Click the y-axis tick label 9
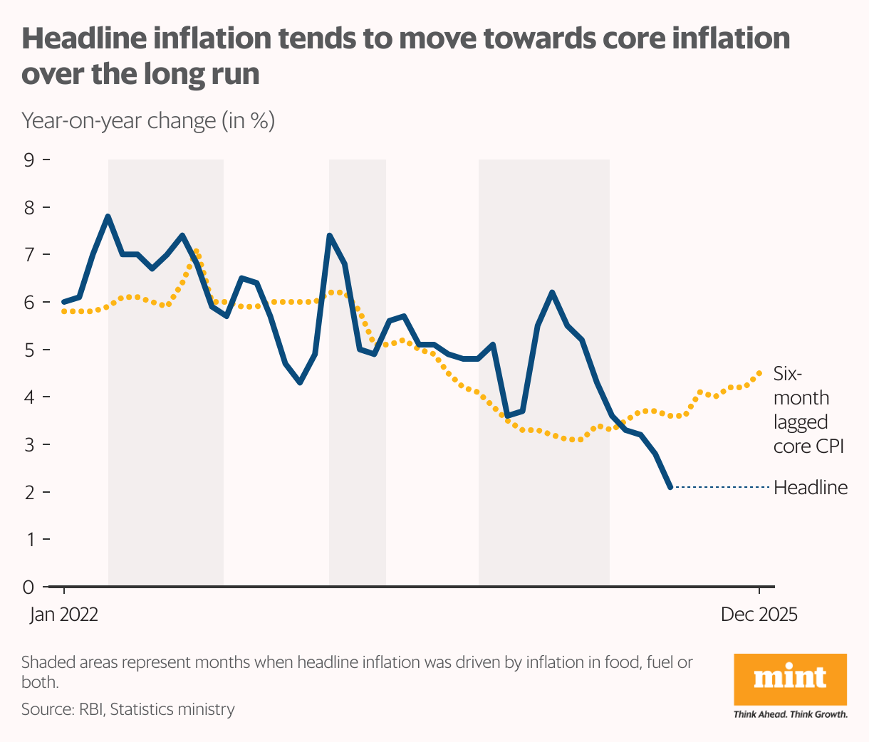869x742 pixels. tap(29, 160)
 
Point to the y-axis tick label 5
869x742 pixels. tap(29, 350)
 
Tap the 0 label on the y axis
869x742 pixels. tap(28, 587)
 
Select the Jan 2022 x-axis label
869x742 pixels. tap(64, 615)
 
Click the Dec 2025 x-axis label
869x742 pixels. tap(759, 615)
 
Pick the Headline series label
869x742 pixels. tap(811, 488)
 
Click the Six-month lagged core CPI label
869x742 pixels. tap(808, 410)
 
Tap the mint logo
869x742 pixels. tap(790, 679)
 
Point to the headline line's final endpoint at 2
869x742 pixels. tap(670, 487)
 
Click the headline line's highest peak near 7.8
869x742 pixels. tap(108, 216)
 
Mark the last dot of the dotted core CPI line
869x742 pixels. tap(759, 372)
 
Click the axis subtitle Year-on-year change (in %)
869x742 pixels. tap(148, 120)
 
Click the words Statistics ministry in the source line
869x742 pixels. tap(172, 709)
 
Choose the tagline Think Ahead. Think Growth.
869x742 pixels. tap(791, 714)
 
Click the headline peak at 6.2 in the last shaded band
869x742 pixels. tap(552, 292)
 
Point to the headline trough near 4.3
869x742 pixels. tap(300, 382)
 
